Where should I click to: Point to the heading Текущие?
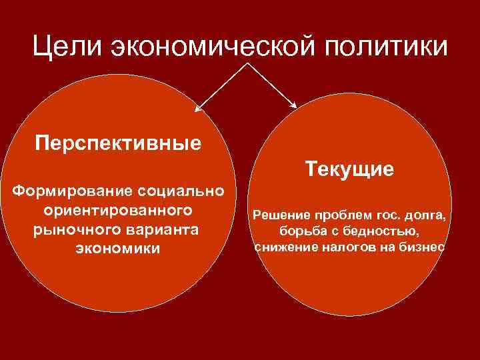350,168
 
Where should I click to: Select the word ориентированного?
118,211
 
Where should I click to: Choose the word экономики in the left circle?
118,248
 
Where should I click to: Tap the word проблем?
333,217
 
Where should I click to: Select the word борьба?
291,232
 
